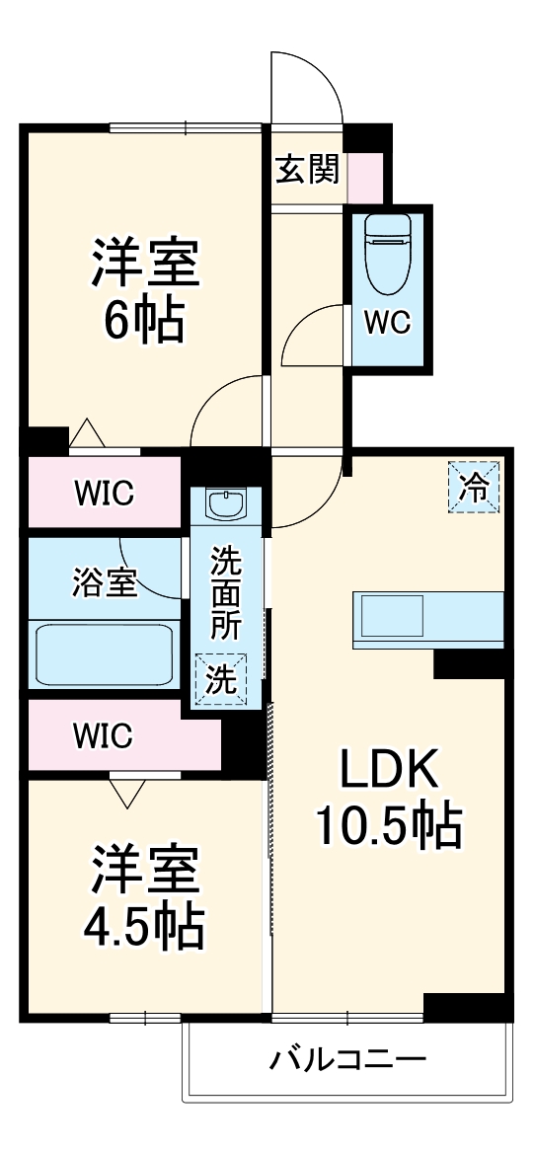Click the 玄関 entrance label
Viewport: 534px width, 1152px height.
click(307, 170)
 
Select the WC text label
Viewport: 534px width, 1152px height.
click(388, 323)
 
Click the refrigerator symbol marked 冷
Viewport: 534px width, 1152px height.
click(474, 487)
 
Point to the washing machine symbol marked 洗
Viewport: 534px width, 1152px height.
click(220, 679)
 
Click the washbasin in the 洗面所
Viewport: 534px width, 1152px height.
click(225, 504)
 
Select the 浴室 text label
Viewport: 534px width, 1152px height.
click(104, 583)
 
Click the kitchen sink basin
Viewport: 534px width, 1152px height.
click(391, 616)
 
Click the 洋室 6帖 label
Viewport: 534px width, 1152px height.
click(145, 292)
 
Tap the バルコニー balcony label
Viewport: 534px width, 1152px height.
click(348, 1060)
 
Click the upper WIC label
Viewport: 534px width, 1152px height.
click(104, 493)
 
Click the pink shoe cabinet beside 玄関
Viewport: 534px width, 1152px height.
click(365, 177)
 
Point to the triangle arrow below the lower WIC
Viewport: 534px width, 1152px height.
click(127, 792)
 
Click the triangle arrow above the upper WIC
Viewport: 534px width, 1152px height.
click(87, 432)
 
